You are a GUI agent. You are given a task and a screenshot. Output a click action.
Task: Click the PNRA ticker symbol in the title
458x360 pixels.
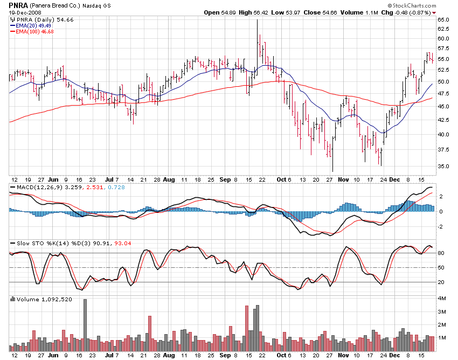[18, 5]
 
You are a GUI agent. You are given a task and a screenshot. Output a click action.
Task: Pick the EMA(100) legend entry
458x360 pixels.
[32, 31]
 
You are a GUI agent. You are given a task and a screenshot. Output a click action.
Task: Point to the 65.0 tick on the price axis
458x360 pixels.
[443, 19]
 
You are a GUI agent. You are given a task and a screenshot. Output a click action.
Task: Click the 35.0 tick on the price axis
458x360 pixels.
[443, 167]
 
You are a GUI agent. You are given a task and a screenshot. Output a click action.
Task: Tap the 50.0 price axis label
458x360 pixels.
[443, 82]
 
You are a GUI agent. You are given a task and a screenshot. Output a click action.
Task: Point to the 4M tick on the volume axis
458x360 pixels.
[441, 299]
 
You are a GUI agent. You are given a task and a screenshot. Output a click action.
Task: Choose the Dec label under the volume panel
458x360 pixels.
[395, 356]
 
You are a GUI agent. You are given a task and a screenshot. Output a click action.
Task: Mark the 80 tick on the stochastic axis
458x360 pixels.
[440, 253]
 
